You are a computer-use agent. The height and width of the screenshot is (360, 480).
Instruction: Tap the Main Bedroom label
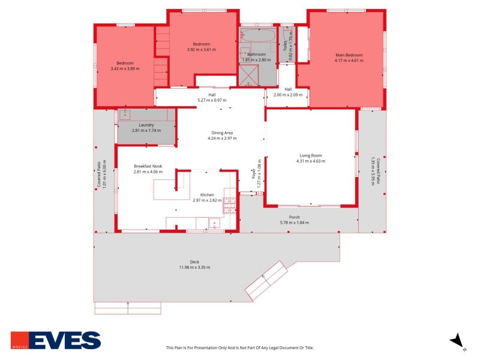[x=349, y=55]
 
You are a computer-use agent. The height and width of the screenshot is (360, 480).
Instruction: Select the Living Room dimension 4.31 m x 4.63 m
[x=310, y=161]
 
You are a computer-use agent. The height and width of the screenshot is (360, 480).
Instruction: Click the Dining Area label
[x=221, y=133]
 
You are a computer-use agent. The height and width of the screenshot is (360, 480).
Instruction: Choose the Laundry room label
[x=146, y=125]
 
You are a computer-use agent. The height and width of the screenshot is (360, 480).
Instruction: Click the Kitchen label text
[x=207, y=195]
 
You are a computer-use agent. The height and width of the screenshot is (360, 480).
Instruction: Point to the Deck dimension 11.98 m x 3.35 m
[x=194, y=267]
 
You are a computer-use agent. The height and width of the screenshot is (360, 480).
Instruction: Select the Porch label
[x=294, y=217]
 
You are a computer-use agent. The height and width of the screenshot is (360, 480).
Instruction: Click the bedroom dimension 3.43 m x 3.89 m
[x=125, y=68]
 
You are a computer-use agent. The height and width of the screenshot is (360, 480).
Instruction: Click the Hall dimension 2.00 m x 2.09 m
[x=288, y=95]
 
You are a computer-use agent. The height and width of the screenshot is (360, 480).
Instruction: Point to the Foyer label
[x=253, y=174]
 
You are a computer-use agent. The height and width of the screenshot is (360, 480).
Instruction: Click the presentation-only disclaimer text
[x=239, y=347]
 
